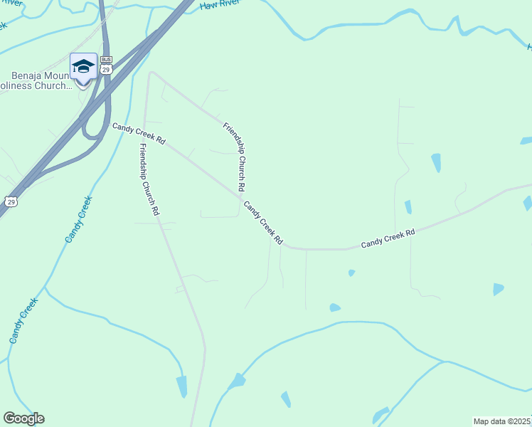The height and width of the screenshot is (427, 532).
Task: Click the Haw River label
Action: tap(217, 4)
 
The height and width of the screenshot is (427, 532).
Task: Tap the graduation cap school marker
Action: tap(83, 67)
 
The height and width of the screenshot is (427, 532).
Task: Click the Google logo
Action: tap(23, 418)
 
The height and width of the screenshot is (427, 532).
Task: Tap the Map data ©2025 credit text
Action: tap(501, 421)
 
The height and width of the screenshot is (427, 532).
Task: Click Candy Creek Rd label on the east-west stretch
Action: tap(388, 238)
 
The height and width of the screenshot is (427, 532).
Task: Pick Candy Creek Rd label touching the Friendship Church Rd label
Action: tap(264, 223)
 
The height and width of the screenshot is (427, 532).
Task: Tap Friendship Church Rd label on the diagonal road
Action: tap(234, 157)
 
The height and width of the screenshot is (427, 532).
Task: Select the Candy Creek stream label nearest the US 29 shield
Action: tap(79, 219)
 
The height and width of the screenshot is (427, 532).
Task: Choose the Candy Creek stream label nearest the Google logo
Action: tap(23, 321)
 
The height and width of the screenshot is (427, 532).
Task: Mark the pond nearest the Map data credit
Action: tap(381, 415)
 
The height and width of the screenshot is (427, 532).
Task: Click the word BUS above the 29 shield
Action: tap(106, 60)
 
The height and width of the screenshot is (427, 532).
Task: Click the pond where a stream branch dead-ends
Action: tap(182, 386)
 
